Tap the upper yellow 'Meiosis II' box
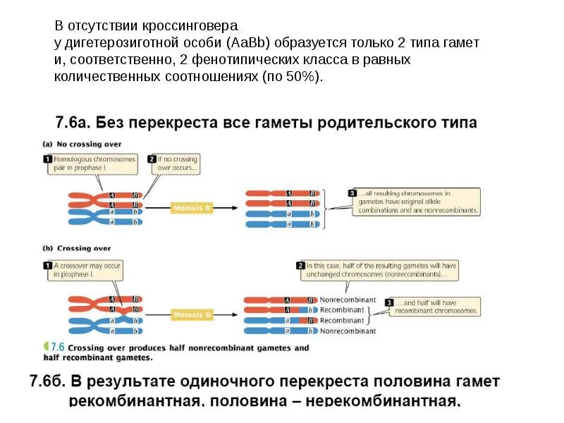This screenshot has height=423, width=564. (x=192, y=208)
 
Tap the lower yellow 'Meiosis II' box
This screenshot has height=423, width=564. (x=192, y=314)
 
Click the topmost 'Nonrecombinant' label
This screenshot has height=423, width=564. (x=348, y=300)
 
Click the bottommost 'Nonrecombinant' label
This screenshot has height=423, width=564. (x=348, y=331)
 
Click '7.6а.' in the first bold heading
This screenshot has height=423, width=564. (x=73, y=123)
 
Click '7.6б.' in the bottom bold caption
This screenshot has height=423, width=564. (x=49, y=382)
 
